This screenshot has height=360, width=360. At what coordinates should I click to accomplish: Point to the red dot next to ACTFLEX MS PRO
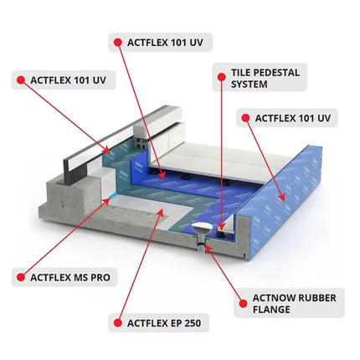[19, 275]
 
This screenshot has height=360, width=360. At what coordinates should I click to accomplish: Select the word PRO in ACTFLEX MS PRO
[103, 275]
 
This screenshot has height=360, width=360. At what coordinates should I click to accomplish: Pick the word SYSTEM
[250, 85]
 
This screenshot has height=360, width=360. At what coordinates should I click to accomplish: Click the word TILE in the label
[239, 72]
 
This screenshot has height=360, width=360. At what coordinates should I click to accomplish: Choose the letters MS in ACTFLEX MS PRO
[83, 275]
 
